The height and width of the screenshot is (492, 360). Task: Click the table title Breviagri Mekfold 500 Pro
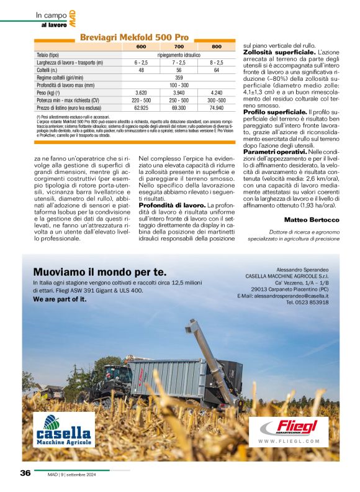(x=134, y=37)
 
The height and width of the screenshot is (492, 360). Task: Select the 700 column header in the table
(x=179, y=47)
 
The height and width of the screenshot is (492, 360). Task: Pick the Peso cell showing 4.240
(x=216, y=91)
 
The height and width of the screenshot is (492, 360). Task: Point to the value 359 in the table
(x=179, y=77)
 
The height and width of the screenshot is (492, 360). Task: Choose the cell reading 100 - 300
(x=179, y=84)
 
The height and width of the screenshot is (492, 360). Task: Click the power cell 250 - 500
(x=179, y=99)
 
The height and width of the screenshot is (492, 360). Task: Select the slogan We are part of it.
(x=60, y=299)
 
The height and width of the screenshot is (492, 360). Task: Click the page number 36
(x=25, y=473)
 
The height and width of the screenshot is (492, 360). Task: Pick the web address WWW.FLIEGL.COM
(x=289, y=441)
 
